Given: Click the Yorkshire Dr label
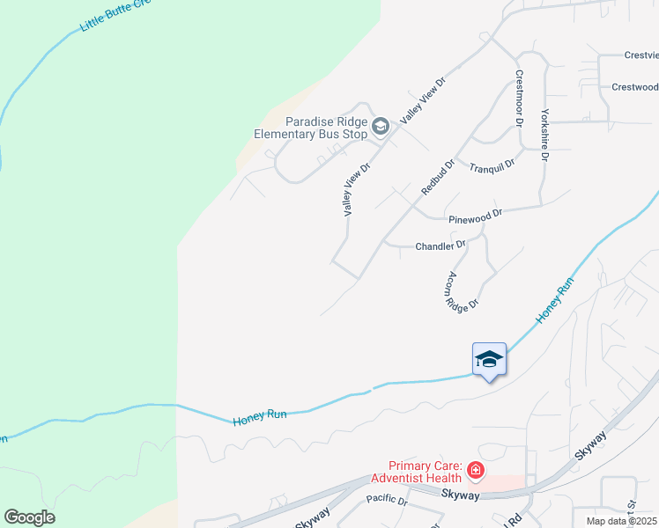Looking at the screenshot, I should tap(545, 135).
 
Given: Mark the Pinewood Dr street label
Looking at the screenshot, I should tap(475, 214).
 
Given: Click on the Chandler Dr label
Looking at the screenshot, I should tap(440, 246).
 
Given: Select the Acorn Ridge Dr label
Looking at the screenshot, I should tap(462, 290).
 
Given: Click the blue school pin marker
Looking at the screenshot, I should tap(489, 360).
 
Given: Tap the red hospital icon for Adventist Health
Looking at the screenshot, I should tap(476, 471).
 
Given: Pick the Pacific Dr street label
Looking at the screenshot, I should tap(387, 500).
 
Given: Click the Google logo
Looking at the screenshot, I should tap(29, 517).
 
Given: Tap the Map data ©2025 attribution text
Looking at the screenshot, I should tap(621, 521).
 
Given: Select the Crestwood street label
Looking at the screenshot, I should tap(634, 87).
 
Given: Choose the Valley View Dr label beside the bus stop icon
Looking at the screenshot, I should tap(424, 99).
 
